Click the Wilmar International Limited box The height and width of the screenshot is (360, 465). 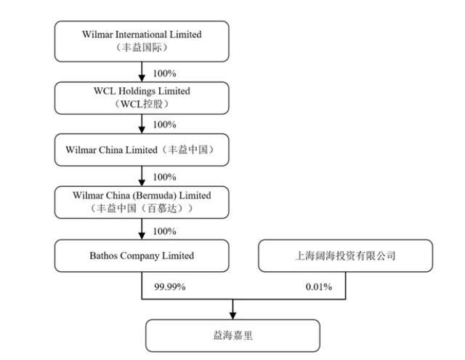point(142,41)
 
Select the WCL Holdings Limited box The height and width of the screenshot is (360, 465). point(142,98)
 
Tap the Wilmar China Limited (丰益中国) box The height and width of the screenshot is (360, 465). point(142,150)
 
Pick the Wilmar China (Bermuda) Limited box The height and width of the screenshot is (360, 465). point(142,202)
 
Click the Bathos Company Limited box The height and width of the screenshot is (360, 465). point(142,255)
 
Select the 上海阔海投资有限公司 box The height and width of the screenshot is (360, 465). point(346,255)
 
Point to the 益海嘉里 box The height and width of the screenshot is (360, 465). point(232,336)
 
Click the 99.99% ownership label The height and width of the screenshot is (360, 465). point(169,287)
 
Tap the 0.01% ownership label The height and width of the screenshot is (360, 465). point(319,287)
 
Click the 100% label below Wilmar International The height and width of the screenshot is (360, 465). point(165,73)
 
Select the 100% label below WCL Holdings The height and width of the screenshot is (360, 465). point(165,124)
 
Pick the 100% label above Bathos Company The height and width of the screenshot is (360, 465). point(165,231)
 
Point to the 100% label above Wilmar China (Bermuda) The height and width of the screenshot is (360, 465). point(165,177)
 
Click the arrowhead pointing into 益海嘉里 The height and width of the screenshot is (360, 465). point(232,316)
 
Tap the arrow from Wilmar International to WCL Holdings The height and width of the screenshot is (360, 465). point(142,72)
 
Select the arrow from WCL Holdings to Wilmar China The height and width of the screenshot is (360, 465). point(142,124)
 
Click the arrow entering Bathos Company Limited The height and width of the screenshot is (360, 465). point(142,229)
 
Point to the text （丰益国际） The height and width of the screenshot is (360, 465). point(142,47)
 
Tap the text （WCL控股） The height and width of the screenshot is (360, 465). point(142,104)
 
